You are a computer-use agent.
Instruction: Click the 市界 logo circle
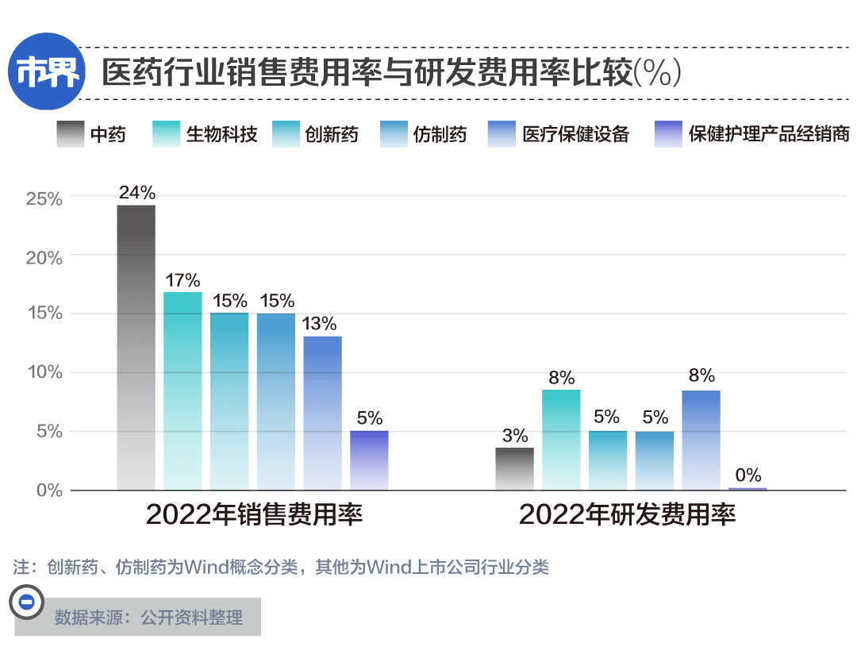(48, 71)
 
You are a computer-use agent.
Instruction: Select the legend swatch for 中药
(71, 134)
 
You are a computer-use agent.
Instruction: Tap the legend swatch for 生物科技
(165, 134)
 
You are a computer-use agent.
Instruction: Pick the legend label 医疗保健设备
(576, 134)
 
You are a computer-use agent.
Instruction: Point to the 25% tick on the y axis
(44, 198)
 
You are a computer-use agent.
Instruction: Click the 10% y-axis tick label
(44, 373)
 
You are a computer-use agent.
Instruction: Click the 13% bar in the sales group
(322, 413)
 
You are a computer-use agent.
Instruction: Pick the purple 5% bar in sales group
(369, 460)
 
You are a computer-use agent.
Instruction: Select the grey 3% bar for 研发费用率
(514, 469)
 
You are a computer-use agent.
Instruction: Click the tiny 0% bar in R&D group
(747, 489)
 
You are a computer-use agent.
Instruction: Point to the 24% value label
(136, 193)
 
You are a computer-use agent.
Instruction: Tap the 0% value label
(747, 475)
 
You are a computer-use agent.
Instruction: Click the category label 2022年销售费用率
(254, 515)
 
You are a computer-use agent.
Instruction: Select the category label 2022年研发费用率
(627, 515)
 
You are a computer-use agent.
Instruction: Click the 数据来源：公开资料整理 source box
(148, 617)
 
